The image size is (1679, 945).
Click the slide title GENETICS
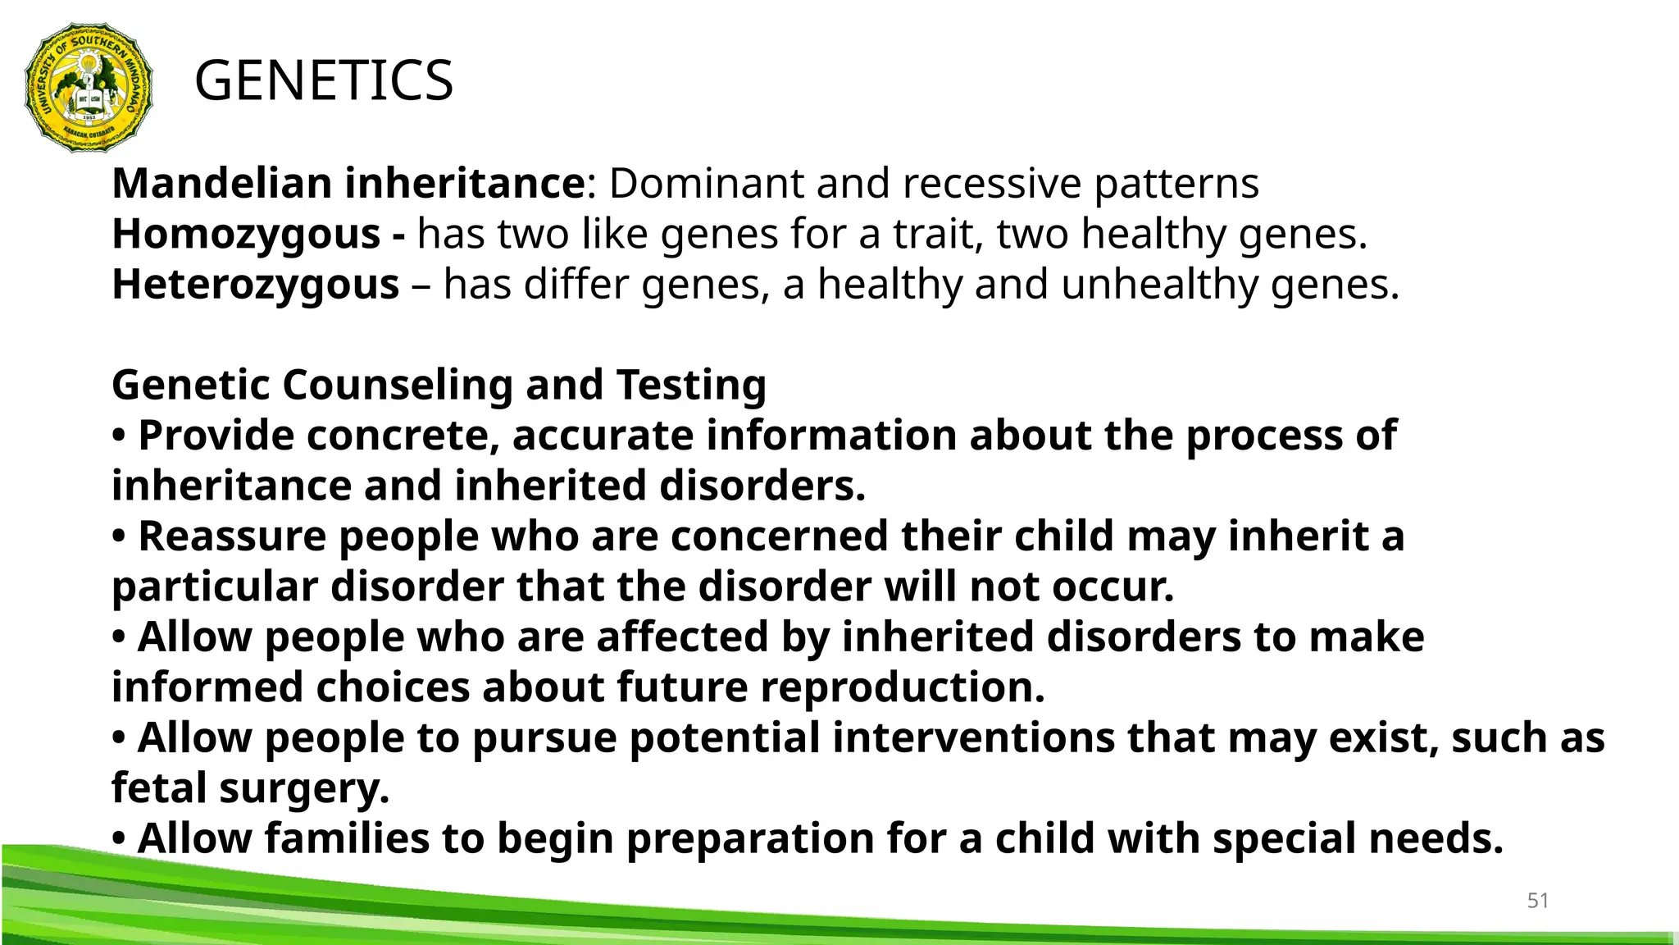click(323, 80)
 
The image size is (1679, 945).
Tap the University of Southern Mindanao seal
click(89, 88)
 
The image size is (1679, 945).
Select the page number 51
click(1537, 901)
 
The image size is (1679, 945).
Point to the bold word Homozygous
click(246, 235)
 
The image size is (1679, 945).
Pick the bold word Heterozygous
click(255, 285)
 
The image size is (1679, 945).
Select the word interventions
click(973, 737)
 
